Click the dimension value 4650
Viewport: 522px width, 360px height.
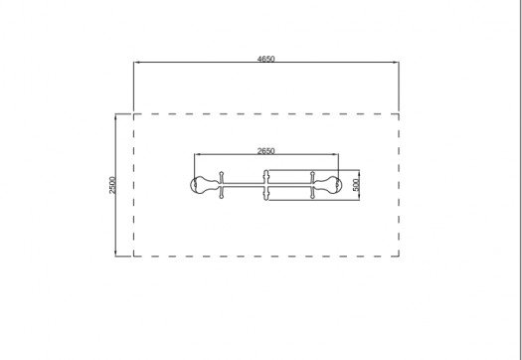(266, 59)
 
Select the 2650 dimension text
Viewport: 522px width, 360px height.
(266, 151)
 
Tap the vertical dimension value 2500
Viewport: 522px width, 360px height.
(113, 185)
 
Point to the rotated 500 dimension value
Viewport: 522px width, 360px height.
(356, 185)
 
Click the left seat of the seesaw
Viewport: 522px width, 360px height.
(205, 185)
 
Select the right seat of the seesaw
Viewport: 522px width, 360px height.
(327, 185)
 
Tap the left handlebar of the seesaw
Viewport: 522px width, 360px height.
(222, 185)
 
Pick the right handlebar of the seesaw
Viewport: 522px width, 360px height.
(312, 185)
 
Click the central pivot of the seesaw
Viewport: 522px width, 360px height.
(266, 185)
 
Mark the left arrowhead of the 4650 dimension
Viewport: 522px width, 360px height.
(136, 62)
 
